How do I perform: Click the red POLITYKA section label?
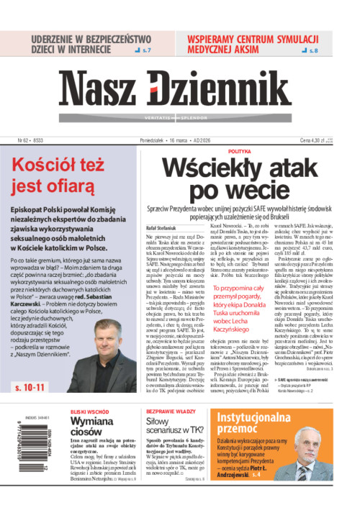(239, 152)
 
